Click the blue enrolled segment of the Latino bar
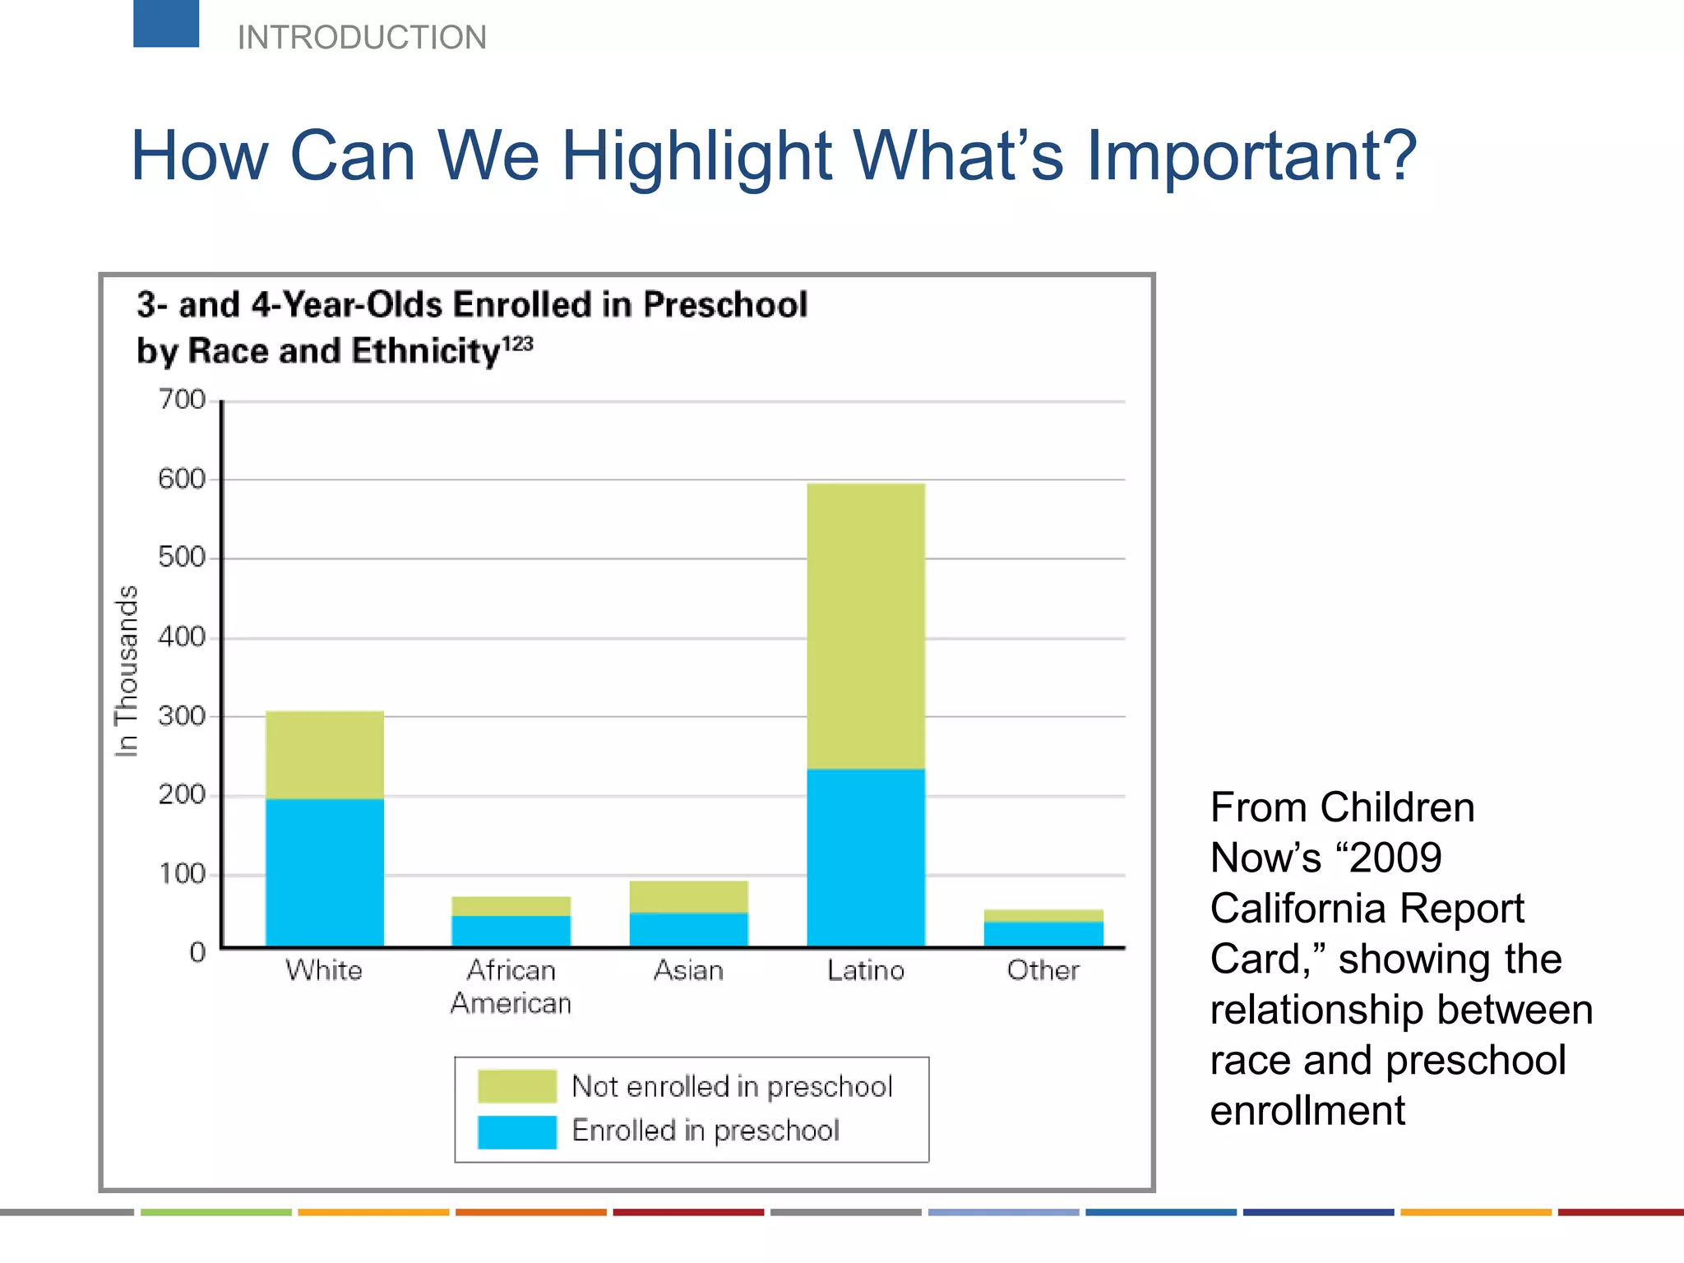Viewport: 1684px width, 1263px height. click(x=866, y=857)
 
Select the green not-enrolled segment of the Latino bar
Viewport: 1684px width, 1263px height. click(x=866, y=627)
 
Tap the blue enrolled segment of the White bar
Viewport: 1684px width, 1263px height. click(x=325, y=872)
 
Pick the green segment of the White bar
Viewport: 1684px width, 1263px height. click(x=325, y=755)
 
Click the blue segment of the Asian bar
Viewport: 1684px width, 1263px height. click(x=689, y=929)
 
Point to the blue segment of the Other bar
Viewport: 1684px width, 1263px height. click(x=1043, y=934)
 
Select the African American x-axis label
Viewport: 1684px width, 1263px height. click(x=511, y=987)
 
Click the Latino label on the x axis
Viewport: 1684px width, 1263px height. click(x=866, y=971)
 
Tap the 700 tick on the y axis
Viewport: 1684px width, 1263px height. click(x=182, y=400)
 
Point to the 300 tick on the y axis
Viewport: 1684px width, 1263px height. click(x=182, y=716)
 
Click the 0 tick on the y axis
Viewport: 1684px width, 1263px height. click(x=197, y=952)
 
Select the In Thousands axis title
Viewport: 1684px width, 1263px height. click(x=126, y=671)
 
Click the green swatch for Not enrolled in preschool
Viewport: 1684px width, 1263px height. click(x=517, y=1086)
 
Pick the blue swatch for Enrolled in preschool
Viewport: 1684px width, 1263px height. click(x=517, y=1131)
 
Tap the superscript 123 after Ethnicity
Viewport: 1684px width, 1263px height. click(x=517, y=343)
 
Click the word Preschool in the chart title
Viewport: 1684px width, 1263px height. click(x=725, y=304)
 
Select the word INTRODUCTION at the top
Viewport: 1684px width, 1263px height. click(x=362, y=38)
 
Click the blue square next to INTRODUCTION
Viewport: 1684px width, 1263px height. click(x=166, y=23)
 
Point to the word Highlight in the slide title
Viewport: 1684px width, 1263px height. click(x=696, y=155)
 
